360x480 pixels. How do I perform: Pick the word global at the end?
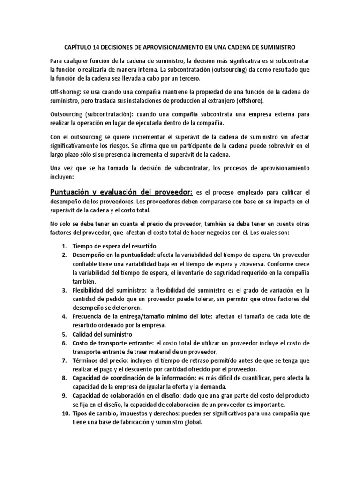click(x=192, y=422)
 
